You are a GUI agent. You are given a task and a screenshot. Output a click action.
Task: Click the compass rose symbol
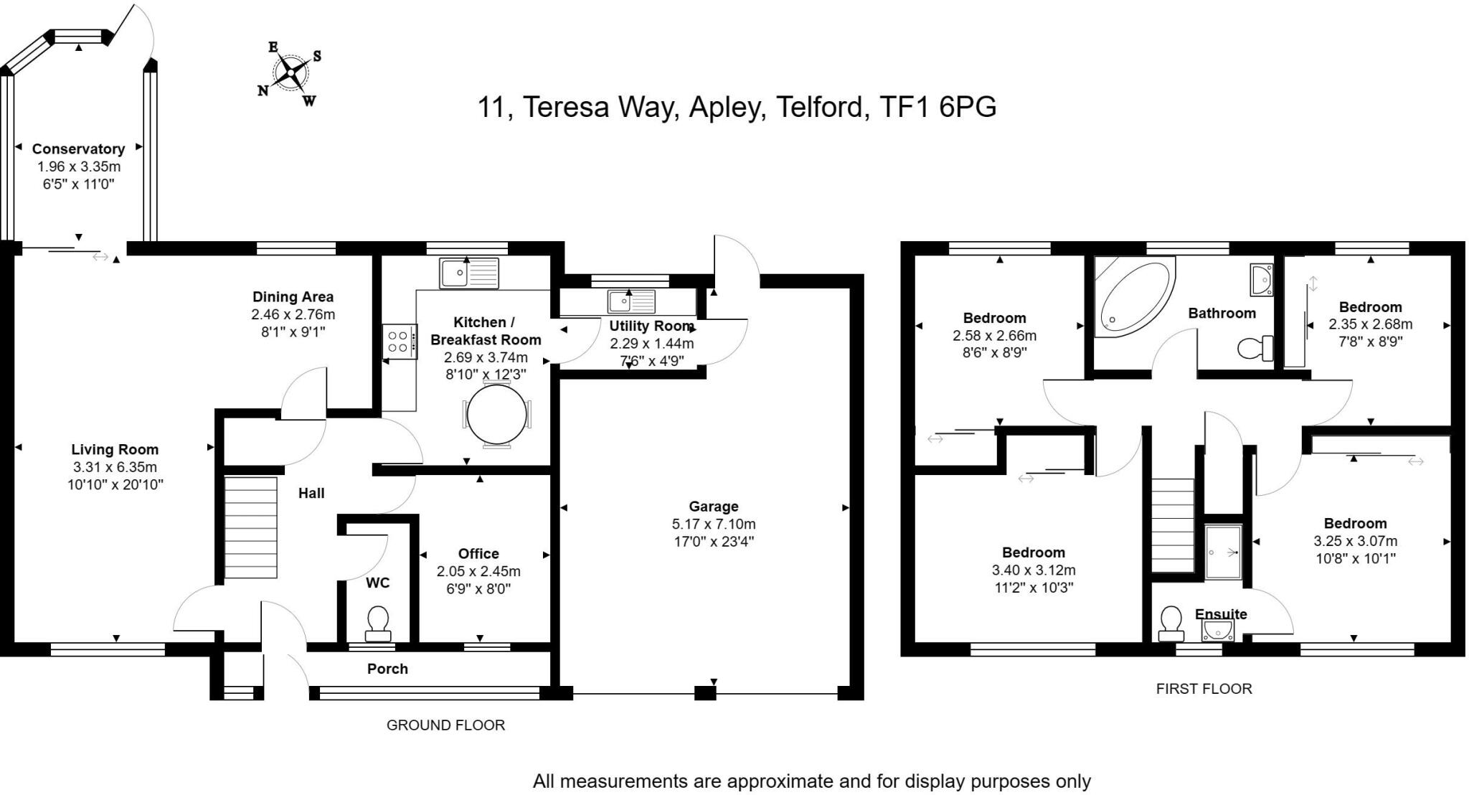[x=291, y=72]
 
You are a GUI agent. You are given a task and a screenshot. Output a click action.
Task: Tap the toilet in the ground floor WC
[x=378, y=622]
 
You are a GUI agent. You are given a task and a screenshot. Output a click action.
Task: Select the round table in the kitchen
[x=496, y=415]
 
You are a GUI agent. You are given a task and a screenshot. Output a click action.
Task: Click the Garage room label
[x=713, y=507]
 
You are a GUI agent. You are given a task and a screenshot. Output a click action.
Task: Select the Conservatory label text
[x=78, y=149]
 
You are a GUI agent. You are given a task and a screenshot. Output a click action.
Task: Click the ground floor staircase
[x=250, y=527]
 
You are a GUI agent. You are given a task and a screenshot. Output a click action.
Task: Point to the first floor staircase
[x=1172, y=525]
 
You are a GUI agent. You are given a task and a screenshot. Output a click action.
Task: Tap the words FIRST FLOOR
[x=1204, y=689]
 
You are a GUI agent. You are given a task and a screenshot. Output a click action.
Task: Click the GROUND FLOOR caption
[x=445, y=725]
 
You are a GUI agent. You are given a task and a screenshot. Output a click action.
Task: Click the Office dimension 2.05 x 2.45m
[x=478, y=572]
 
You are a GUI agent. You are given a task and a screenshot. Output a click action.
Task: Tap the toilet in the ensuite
[x=1171, y=623]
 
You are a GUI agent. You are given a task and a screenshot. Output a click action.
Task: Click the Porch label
[x=387, y=669]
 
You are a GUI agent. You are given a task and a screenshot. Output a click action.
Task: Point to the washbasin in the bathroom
[x=1260, y=279]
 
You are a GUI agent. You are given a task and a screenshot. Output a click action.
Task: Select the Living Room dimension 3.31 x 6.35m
[x=115, y=467]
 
